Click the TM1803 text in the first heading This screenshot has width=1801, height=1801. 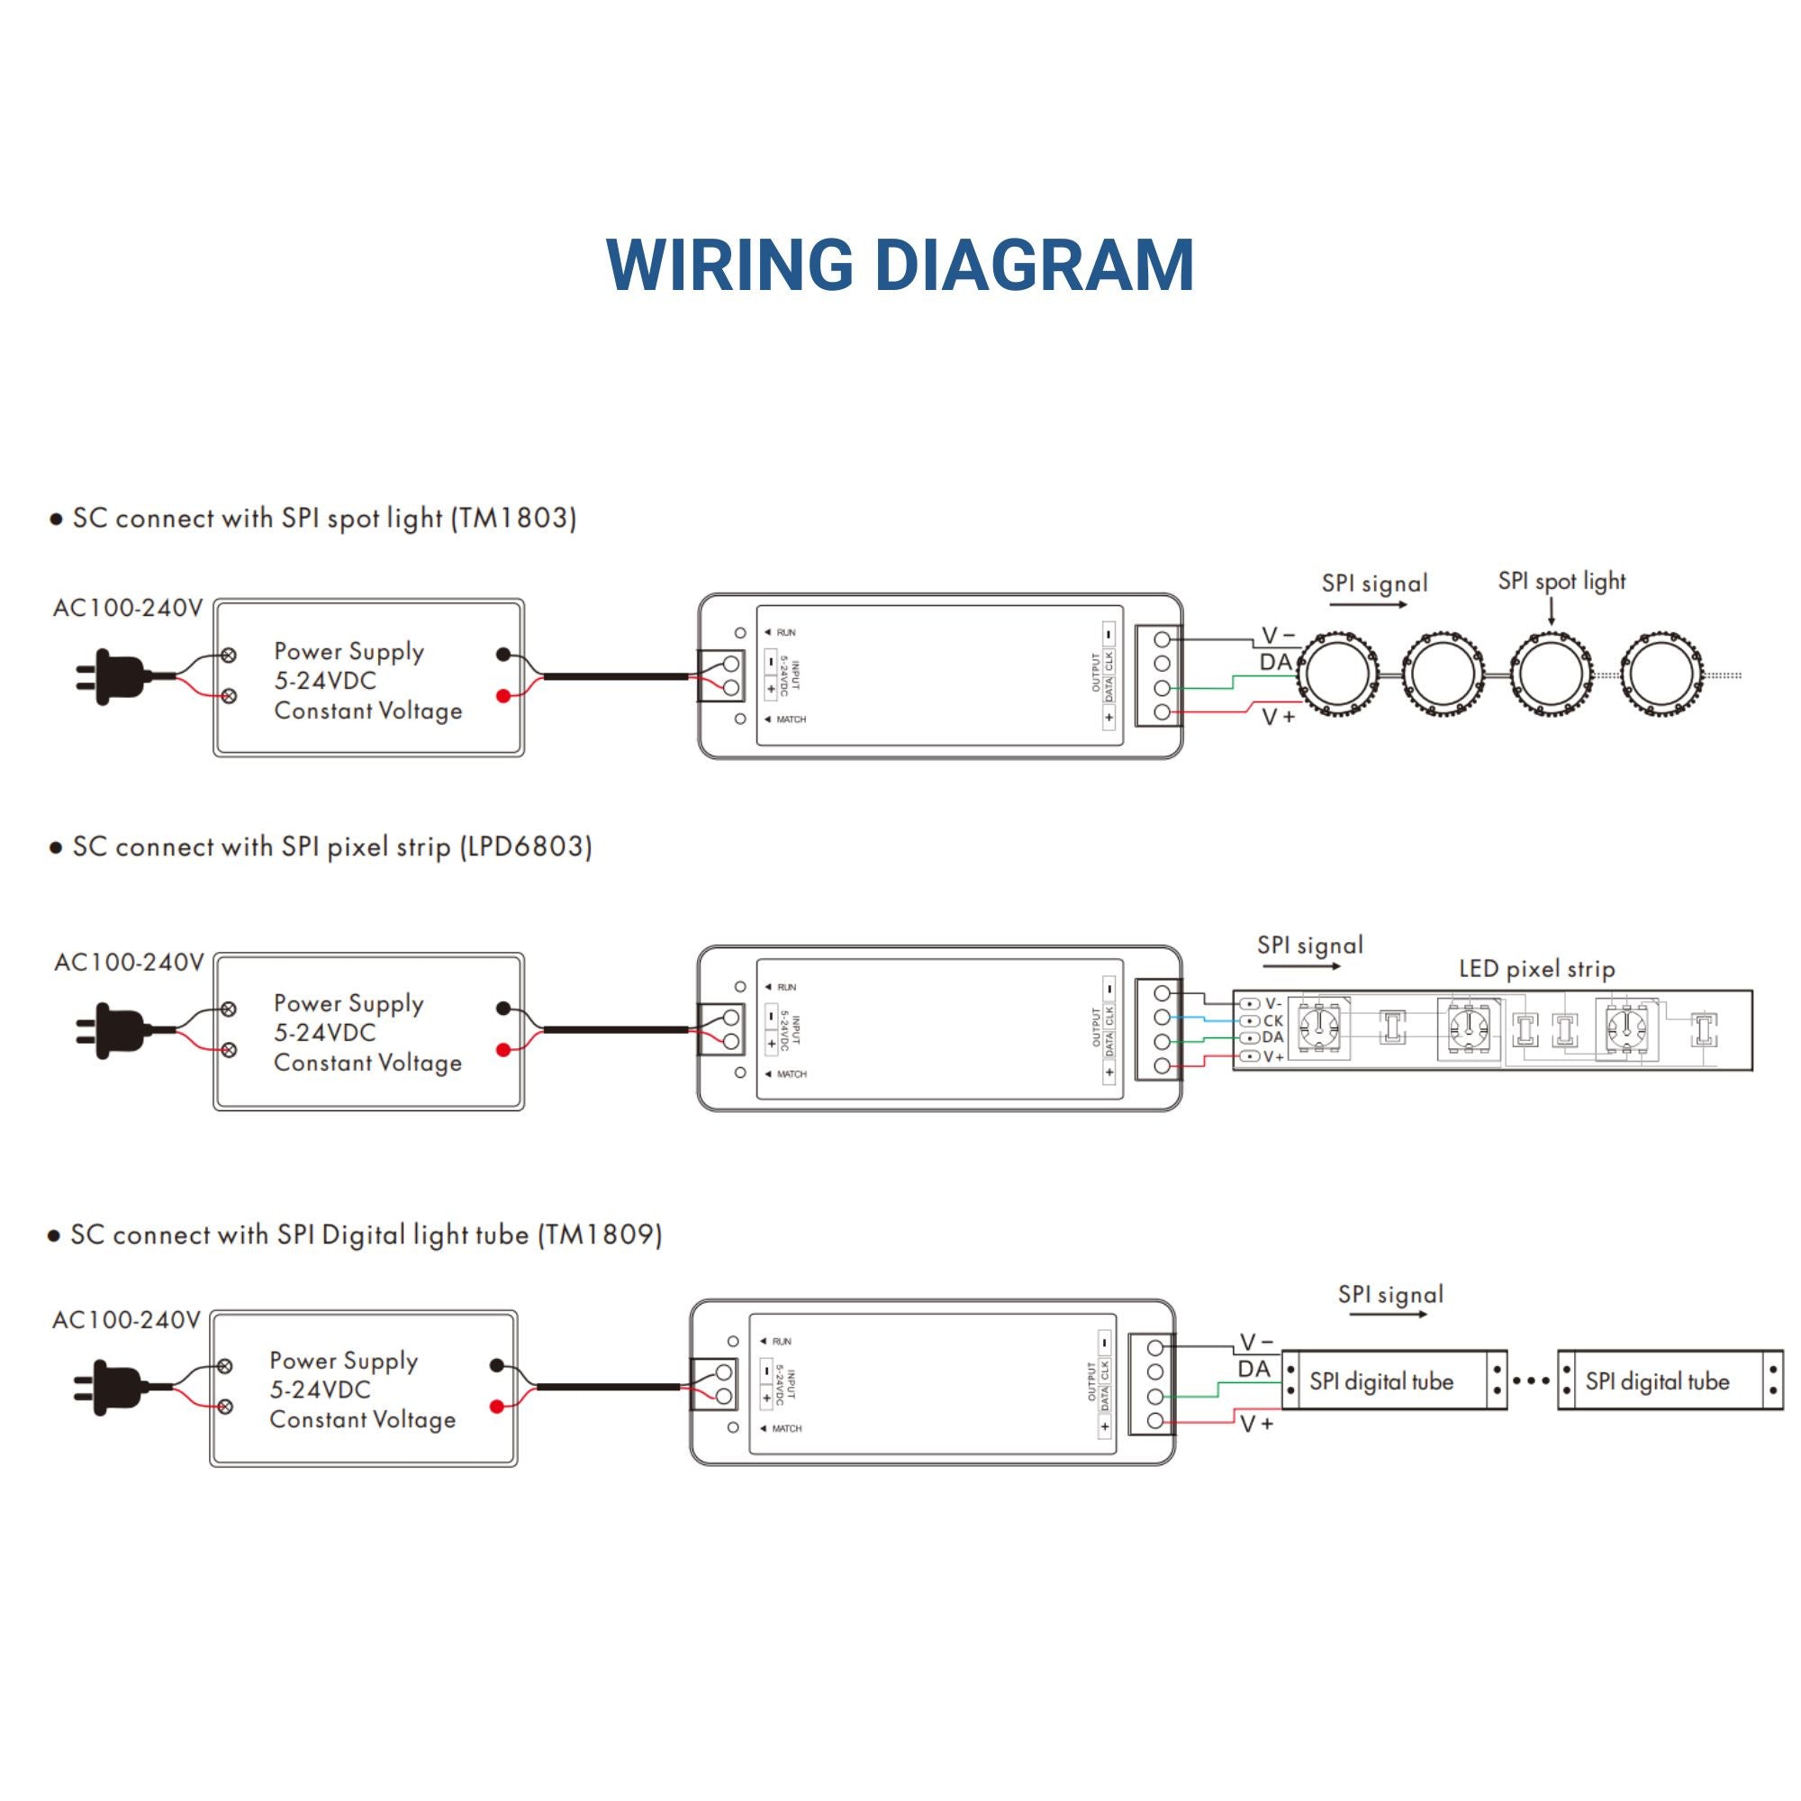coord(512,519)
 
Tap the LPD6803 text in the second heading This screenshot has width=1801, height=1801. coord(526,846)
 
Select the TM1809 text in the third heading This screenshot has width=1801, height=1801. coord(600,1235)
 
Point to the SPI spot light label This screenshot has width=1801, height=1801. coord(1561,582)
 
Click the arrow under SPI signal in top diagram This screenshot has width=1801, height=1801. coord(1368,605)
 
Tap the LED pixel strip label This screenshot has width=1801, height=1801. coord(1536,970)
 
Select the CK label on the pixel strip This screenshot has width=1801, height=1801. coord(1272,1021)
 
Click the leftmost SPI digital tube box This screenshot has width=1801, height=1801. coord(1394,1380)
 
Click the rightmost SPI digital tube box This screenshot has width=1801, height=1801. coord(1670,1380)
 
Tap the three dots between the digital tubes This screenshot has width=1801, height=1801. coord(1532,1381)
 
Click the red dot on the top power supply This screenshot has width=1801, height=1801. coord(503,696)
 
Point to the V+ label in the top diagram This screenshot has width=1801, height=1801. coord(1278,717)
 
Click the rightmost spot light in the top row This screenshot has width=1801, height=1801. coord(1662,674)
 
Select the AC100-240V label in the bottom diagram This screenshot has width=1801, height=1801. coord(127,1320)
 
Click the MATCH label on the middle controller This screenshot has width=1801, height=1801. coord(792,1074)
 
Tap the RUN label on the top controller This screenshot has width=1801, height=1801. coord(786,632)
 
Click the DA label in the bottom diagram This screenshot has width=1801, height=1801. coord(1253,1369)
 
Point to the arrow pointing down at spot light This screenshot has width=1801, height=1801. coord(1552,611)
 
